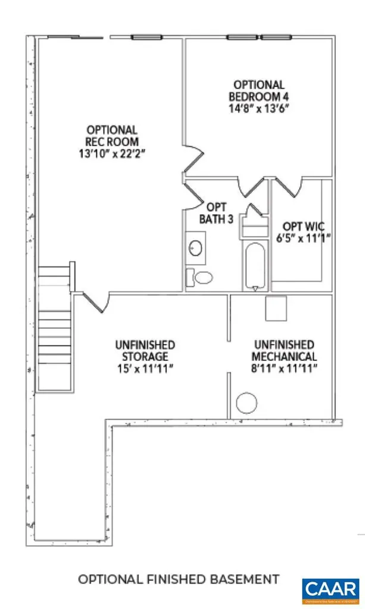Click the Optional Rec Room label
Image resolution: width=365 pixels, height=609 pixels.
pyautogui.click(x=112, y=136)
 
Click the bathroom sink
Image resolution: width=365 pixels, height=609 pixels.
pyautogui.click(x=195, y=249)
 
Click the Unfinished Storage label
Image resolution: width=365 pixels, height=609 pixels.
pyautogui.click(x=145, y=350)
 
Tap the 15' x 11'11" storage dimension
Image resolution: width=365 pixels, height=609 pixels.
pyautogui.click(x=145, y=368)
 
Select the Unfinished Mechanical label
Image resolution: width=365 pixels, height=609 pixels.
pyautogui.click(x=285, y=350)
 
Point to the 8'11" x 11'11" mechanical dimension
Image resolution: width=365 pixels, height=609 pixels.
pyautogui.click(x=285, y=368)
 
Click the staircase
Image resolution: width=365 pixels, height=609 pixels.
pyautogui.click(x=54, y=327)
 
